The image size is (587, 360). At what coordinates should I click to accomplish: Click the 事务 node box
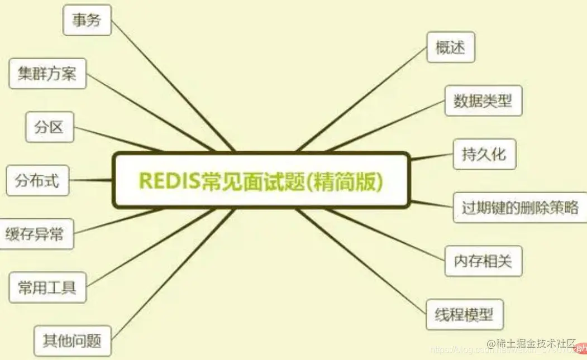pos(87,20)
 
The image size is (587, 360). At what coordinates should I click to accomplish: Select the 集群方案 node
pos(47,73)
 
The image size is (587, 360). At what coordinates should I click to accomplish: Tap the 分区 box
pos(50,127)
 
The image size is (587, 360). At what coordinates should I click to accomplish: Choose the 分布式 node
pos(37,180)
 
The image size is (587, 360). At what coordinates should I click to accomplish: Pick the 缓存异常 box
pos(35,234)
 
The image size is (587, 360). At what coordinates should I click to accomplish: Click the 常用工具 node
pos(47,287)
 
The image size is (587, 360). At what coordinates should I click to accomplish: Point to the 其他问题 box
pos(72,340)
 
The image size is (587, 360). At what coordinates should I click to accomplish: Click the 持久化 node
pos(484,153)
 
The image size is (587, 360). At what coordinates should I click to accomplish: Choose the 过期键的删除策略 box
pos(519,207)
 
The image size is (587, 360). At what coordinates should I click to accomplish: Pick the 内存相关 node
pos(483,261)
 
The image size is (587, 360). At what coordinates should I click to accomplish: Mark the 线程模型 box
pos(465,314)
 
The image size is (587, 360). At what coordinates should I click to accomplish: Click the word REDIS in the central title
pos(166,181)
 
